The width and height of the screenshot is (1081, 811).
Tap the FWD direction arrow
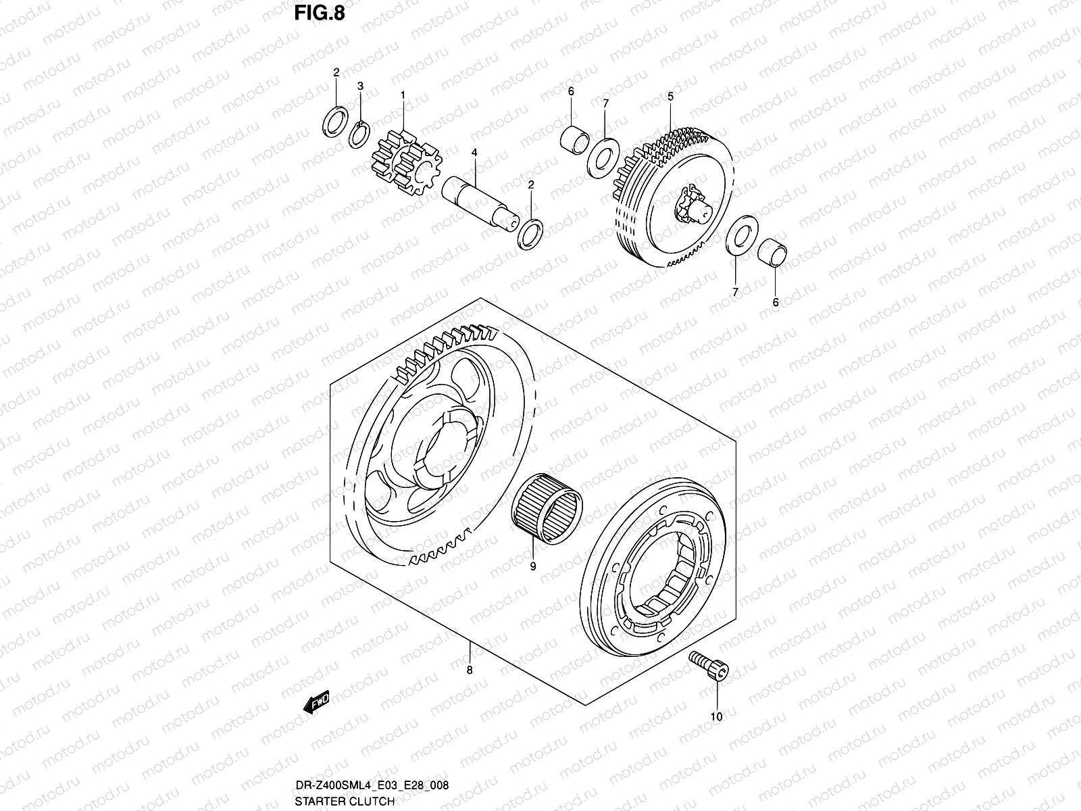point(316,703)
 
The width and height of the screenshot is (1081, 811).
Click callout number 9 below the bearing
point(532,566)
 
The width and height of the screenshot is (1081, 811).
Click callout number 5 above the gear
point(670,97)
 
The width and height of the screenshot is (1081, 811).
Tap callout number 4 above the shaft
point(475,153)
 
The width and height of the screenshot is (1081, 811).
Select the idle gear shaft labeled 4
point(480,200)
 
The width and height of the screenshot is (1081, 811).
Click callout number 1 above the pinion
point(403,95)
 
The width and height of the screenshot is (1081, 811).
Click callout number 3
point(361,86)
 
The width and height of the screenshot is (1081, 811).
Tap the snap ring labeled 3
point(359,133)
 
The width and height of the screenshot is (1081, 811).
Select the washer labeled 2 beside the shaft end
point(530,233)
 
